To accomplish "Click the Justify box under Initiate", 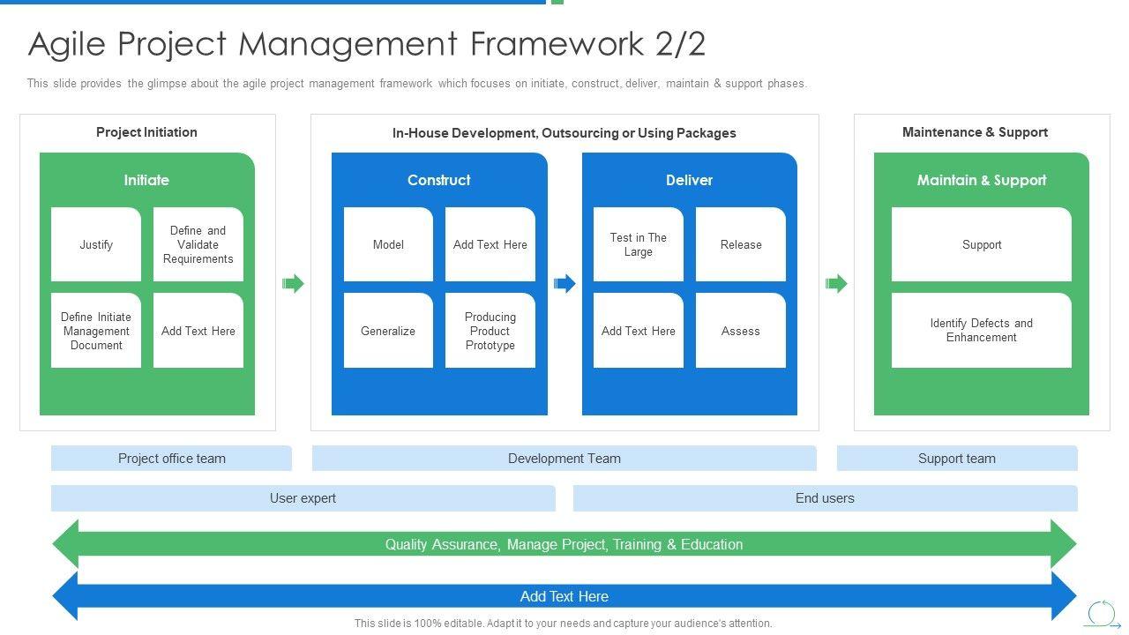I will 96,245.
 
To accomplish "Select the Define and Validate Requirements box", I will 198,245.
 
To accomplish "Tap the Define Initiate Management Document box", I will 96,331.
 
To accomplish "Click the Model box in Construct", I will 388,245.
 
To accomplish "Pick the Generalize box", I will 388,331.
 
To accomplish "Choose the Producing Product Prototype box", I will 490,331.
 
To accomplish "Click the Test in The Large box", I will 639,245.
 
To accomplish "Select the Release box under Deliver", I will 741,245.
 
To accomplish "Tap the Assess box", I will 741,331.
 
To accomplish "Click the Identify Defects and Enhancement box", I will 982,331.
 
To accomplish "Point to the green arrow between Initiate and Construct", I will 293,283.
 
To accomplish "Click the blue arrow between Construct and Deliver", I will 564,283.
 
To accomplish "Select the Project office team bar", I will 171,459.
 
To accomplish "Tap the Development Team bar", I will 564,459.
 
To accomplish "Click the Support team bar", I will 957,459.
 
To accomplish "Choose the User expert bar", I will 303,498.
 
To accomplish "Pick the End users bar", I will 825,498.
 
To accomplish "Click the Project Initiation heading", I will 146,132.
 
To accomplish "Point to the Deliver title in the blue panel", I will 689,180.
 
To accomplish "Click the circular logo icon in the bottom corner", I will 1102,614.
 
